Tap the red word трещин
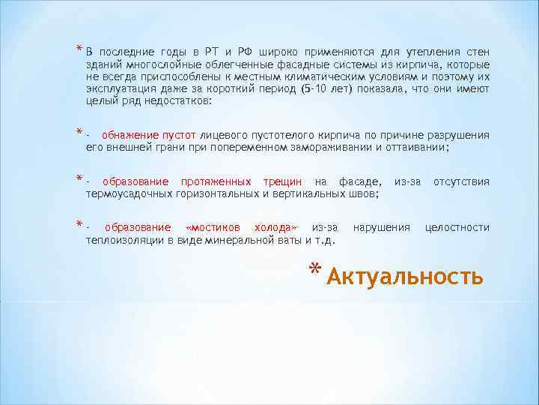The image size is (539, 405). pyautogui.click(x=282, y=181)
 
